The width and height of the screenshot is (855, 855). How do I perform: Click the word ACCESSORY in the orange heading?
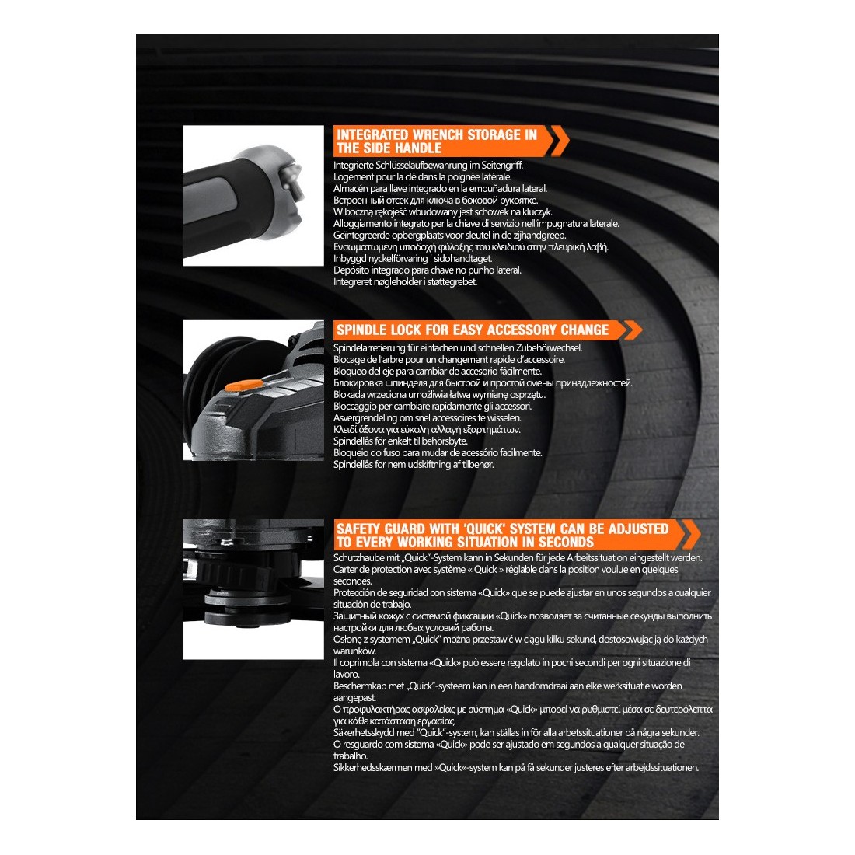pyautogui.click(x=522, y=330)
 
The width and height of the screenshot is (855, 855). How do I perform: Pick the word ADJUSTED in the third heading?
pyautogui.click(x=638, y=529)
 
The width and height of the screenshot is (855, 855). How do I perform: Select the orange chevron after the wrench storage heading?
pyautogui.click(x=558, y=141)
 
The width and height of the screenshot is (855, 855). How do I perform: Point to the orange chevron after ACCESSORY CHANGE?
pyautogui.click(x=633, y=330)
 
